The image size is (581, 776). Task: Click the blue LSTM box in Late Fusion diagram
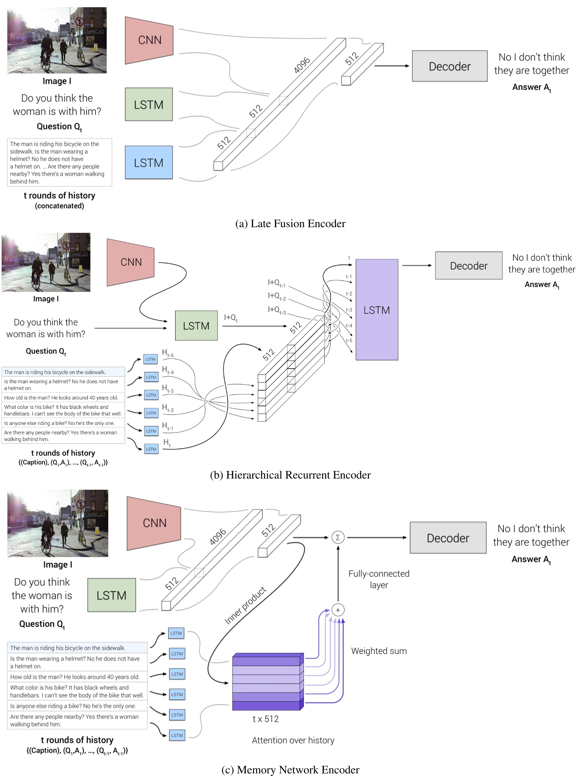[x=149, y=162]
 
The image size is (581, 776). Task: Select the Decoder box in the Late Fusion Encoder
[x=449, y=66]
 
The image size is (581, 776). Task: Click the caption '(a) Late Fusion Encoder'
[x=290, y=223]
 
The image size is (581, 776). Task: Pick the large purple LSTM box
[x=377, y=310]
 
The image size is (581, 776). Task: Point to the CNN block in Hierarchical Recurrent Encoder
[x=131, y=262]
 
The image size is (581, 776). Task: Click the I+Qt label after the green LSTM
[x=231, y=318]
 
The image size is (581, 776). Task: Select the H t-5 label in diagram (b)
[x=168, y=353]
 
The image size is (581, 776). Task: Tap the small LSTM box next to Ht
[x=151, y=449]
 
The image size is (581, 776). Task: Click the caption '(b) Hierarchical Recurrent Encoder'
[x=290, y=475]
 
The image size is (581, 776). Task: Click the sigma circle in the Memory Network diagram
[x=338, y=538]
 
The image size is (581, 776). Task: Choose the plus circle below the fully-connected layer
[x=338, y=610]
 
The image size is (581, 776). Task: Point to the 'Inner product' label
[x=245, y=605]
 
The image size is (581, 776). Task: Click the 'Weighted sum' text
[x=379, y=651]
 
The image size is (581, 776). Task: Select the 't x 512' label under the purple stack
[x=266, y=719]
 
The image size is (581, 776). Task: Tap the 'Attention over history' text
[x=293, y=740]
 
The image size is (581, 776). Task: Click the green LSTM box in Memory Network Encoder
[x=112, y=595]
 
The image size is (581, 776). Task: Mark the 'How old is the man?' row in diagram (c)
[x=75, y=677]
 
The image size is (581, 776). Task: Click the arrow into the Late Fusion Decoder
[x=392, y=66]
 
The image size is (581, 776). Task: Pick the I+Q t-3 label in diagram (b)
[x=277, y=310]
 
